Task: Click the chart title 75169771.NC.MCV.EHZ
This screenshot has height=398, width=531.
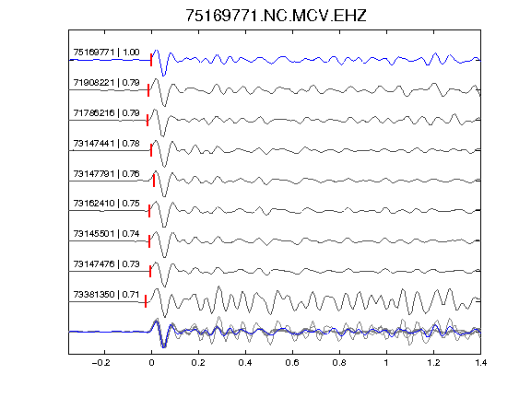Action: [x=276, y=16]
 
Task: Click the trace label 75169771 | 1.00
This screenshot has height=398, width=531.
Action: [x=106, y=53]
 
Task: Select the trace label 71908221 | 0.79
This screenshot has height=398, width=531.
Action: [x=106, y=83]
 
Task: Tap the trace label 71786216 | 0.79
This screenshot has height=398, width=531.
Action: [x=106, y=112]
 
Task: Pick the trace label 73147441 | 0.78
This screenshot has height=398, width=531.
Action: [x=106, y=143]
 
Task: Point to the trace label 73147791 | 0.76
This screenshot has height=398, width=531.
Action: [x=106, y=173]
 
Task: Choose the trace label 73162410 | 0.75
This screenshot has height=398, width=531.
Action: [x=106, y=204]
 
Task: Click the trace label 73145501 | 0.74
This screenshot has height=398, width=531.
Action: [x=106, y=233]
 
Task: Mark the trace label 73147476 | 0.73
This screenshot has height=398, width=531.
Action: [x=106, y=264]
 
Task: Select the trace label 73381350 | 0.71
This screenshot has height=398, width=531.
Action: [x=106, y=295]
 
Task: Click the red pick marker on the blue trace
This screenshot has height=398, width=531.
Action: [x=151, y=60]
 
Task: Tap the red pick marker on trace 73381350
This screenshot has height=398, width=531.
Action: [x=146, y=301]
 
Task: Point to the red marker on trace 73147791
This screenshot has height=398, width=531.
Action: [x=154, y=181]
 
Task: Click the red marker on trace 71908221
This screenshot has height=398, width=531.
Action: [x=148, y=90]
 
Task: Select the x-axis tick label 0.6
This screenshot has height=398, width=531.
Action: [x=292, y=363]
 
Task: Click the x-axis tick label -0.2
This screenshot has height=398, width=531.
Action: [x=101, y=363]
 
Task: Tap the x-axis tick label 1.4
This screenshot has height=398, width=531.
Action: [x=480, y=363]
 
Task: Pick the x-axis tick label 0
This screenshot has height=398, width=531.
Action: [x=151, y=363]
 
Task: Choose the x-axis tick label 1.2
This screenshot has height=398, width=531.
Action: [x=433, y=363]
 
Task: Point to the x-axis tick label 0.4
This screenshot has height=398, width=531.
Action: [x=245, y=363]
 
